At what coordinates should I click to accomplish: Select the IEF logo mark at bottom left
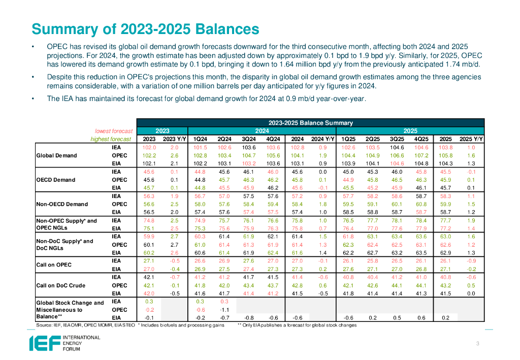click(40, 343)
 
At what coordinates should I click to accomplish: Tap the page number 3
click(478, 344)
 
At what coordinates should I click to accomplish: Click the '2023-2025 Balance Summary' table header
click(310, 123)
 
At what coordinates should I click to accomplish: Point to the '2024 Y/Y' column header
click(322, 139)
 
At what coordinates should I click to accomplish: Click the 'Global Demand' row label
click(56, 155)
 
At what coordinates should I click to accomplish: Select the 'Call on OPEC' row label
click(53, 265)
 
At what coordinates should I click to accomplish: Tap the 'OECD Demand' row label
click(56, 180)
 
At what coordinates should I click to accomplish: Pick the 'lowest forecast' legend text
click(114, 131)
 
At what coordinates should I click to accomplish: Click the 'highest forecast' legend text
click(111, 139)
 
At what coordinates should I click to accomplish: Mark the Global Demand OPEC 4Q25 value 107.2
click(421, 155)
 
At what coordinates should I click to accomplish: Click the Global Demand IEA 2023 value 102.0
click(149, 147)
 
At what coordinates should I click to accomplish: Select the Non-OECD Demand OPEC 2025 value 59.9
click(445, 204)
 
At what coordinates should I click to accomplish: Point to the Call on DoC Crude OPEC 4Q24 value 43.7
click(273, 285)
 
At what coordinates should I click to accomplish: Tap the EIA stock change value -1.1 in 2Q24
click(224, 310)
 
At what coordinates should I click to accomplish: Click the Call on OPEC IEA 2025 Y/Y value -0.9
click(472, 261)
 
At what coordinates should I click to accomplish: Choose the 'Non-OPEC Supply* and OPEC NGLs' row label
click(66, 224)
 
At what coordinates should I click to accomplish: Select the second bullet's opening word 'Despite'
click(59, 77)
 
